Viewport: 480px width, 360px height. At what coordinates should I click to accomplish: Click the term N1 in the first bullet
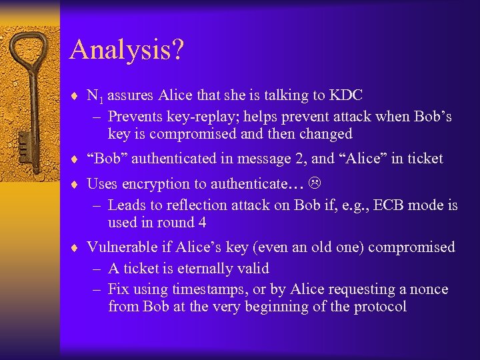(x=95, y=96)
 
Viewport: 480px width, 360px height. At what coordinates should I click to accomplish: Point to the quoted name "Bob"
(x=109, y=159)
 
